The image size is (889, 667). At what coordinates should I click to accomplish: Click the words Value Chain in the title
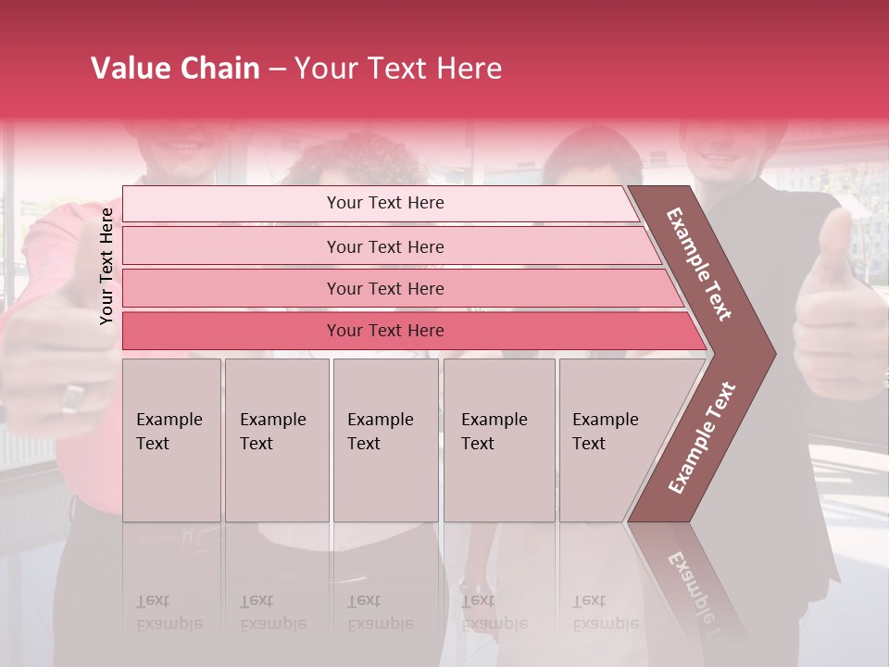(175, 69)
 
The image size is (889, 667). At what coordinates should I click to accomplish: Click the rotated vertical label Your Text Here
(106, 266)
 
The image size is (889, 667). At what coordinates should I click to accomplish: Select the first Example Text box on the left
(171, 440)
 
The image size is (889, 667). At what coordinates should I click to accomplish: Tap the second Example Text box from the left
(277, 440)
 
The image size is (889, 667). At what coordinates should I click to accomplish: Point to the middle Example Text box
(385, 440)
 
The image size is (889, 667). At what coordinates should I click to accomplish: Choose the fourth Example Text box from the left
(499, 440)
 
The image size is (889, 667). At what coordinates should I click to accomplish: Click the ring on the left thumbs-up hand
(72, 397)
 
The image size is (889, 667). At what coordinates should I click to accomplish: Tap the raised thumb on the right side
(835, 245)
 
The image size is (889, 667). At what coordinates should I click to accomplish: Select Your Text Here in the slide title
(398, 69)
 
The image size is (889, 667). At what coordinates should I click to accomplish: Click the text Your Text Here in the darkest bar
(385, 331)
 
